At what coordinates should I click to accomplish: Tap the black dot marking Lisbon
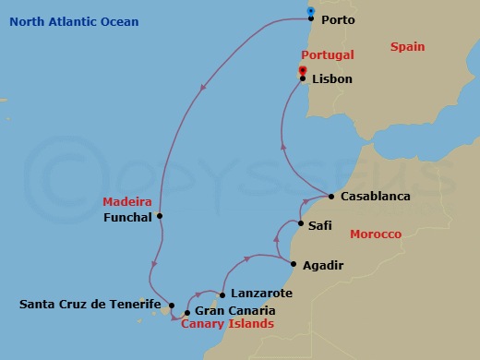point(303,78)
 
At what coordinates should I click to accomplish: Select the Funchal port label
point(129,218)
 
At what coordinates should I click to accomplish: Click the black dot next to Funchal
point(161,216)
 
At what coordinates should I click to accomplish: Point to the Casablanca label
point(375,197)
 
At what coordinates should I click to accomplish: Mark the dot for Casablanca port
point(331,196)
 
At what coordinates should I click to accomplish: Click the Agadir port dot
point(294,265)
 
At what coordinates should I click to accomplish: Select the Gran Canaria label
point(234,311)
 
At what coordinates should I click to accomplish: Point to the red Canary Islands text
point(227,325)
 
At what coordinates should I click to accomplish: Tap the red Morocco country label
point(376,235)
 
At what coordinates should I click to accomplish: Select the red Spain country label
point(407,46)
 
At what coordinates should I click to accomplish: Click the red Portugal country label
point(330,55)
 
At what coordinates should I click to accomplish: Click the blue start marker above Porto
point(311,12)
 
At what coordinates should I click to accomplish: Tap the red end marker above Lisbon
point(303,69)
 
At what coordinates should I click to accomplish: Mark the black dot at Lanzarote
point(222,295)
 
